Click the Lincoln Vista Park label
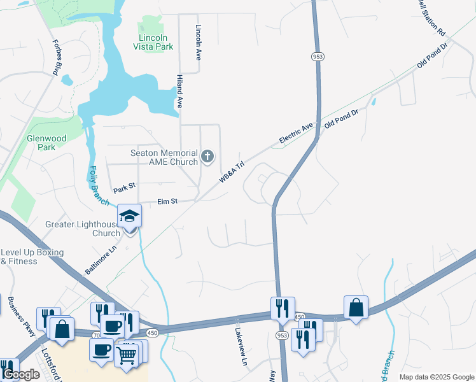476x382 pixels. [x=156, y=41]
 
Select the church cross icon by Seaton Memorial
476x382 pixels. [x=207, y=156]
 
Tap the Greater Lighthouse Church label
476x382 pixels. [x=83, y=229]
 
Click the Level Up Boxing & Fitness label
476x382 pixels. [x=32, y=257]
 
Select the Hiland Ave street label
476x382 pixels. [x=179, y=90]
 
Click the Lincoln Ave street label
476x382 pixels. [x=199, y=42]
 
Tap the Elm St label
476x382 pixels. [x=167, y=202]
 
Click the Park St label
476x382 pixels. [x=125, y=189]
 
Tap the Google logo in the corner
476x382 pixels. [x=21, y=375]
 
